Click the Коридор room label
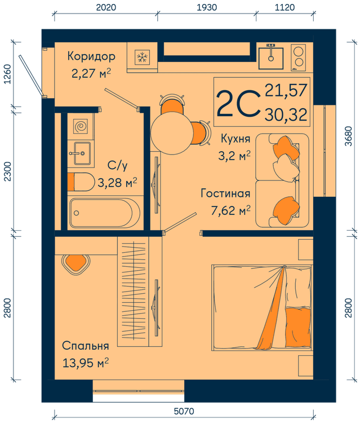point(91,56)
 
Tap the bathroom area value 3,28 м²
point(117,183)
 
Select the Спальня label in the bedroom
point(86,346)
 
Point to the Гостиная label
point(225,193)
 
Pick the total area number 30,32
point(286,114)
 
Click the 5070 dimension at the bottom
point(184,411)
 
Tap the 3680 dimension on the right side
point(348,136)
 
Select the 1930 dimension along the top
point(207,7)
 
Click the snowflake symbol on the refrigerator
point(142,57)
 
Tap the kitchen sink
point(271,58)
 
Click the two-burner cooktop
point(299,58)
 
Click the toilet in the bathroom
point(81,182)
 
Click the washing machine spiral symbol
point(81,126)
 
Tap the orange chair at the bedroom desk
point(75,264)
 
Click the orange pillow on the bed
point(298,328)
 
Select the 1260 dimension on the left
point(8,74)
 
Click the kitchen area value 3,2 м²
point(234,156)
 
